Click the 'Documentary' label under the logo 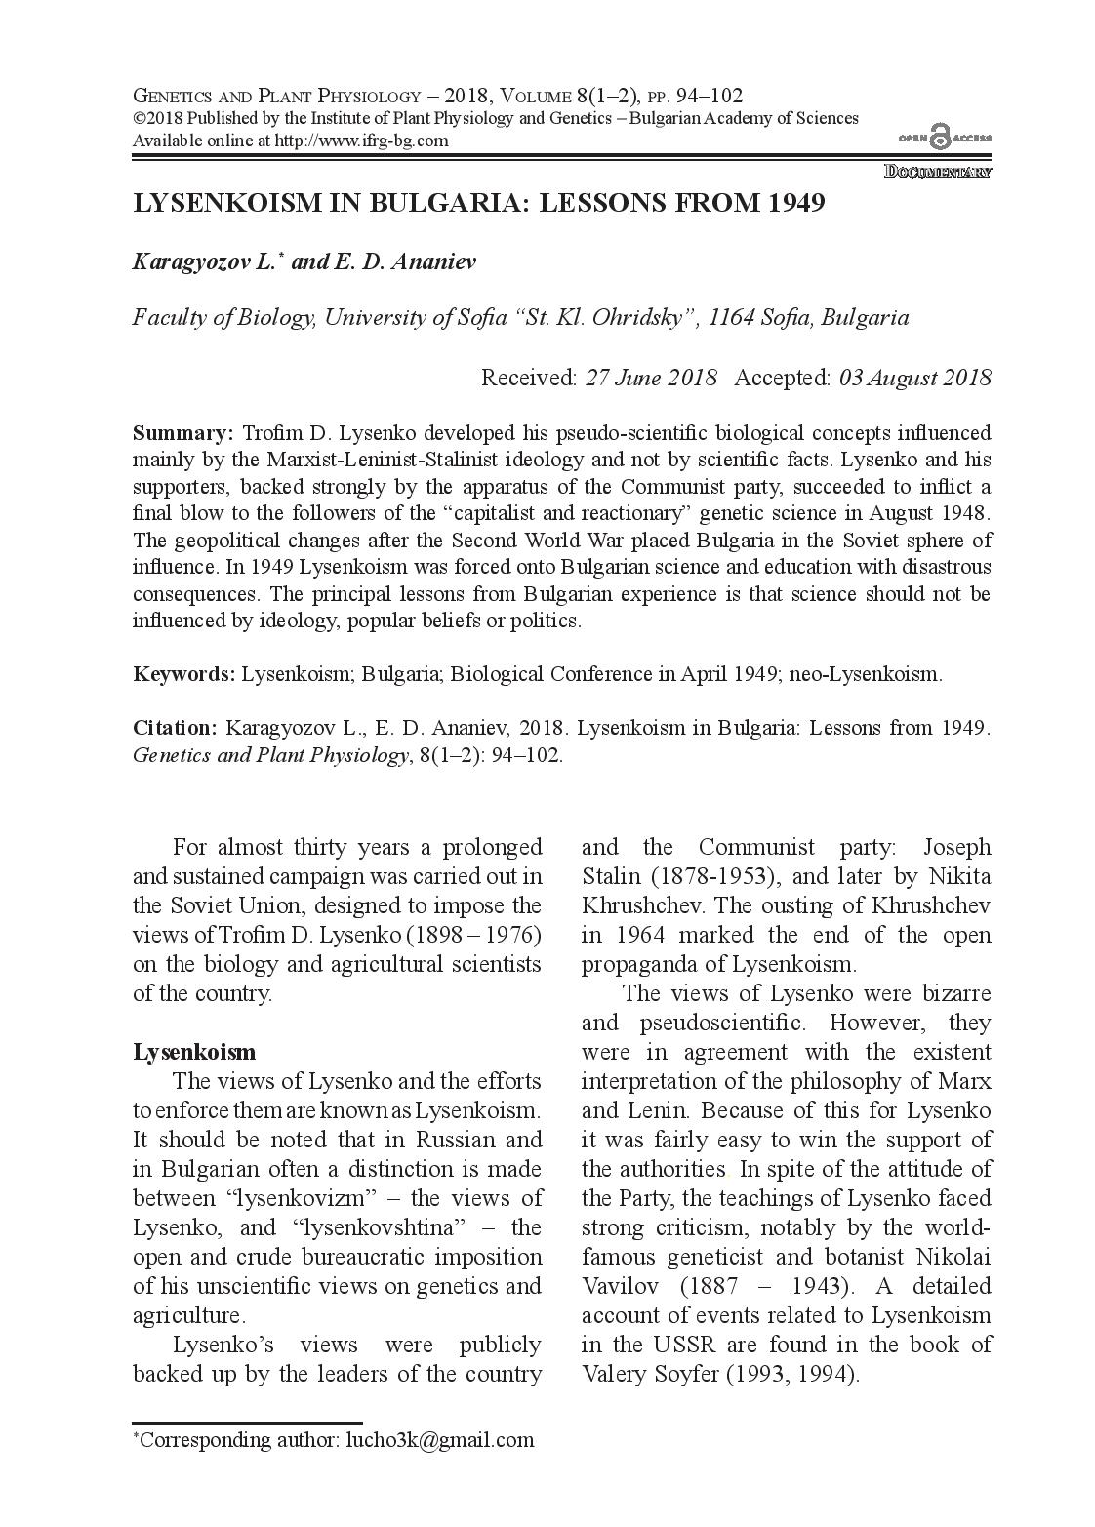pyautogui.click(x=938, y=172)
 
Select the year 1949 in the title pyautogui.click(x=795, y=203)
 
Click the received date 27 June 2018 pyautogui.click(x=651, y=378)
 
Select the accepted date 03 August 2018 pyautogui.click(x=914, y=378)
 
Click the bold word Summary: pyautogui.click(x=182, y=432)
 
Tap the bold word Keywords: pyautogui.click(x=183, y=674)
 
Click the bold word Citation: pyautogui.click(x=175, y=728)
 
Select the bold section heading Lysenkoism pyautogui.click(x=194, y=1052)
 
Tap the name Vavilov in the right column pyautogui.click(x=619, y=1286)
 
